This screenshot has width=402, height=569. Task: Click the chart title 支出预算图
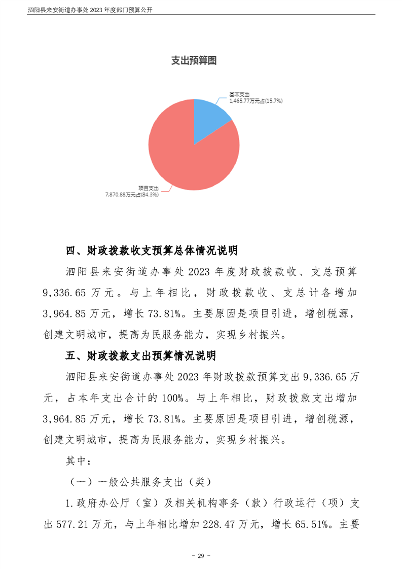[194, 61]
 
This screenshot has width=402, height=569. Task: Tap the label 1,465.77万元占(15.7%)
[255, 101]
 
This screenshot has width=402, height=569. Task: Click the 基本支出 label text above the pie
[239, 95]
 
